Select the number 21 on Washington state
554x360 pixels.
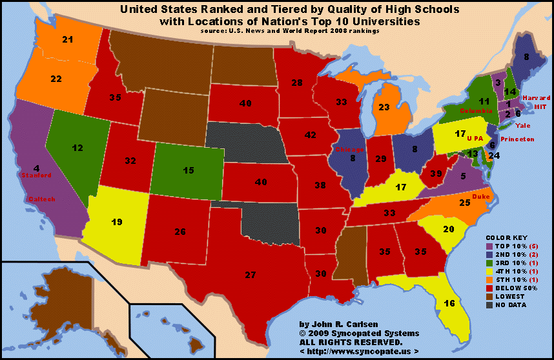(67, 40)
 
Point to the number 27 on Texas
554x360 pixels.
(250, 275)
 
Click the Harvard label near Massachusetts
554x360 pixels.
(536, 97)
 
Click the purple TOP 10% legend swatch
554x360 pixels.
(489, 246)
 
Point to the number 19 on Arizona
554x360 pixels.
(117, 223)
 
